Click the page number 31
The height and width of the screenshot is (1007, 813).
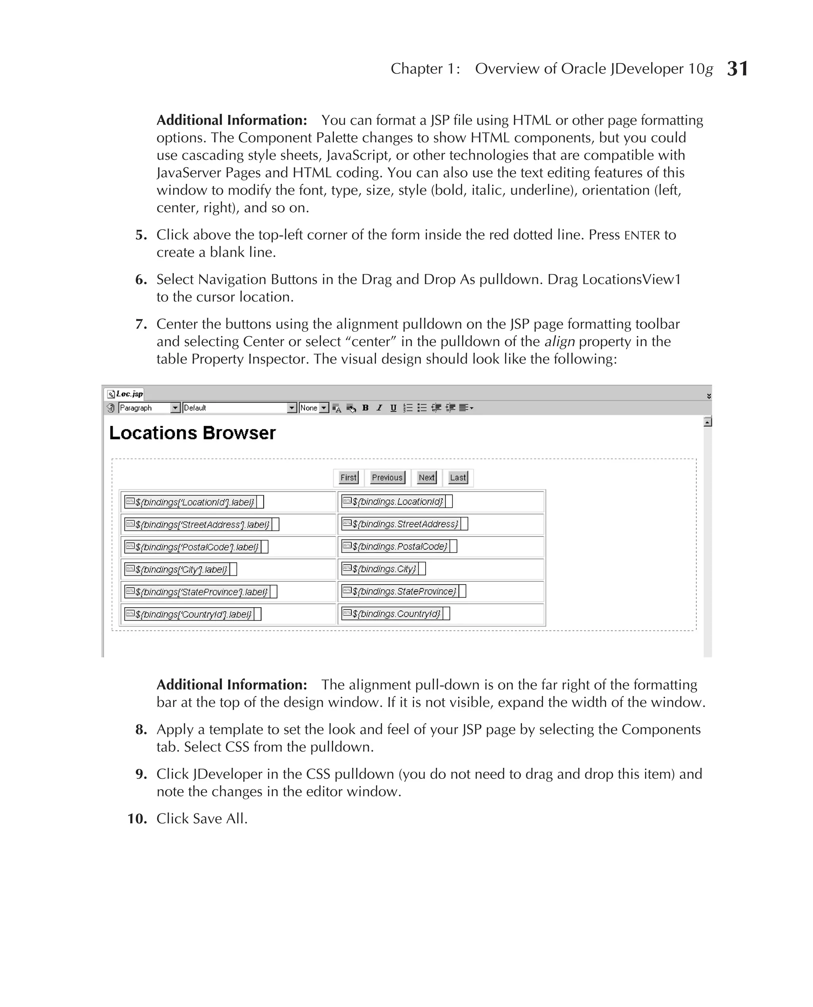click(x=737, y=69)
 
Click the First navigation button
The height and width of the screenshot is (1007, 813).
click(x=349, y=477)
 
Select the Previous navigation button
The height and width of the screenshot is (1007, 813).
click(x=387, y=477)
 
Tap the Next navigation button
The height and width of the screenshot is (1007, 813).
click(x=427, y=477)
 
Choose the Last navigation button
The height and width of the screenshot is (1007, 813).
click(x=458, y=477)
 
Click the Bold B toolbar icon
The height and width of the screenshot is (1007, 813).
click(x=365, y=408)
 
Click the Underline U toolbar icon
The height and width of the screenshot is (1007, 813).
click(x=393, y=408)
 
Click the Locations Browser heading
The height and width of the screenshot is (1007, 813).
click(x=193, y=433)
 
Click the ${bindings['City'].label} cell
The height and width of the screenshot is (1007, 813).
click(x=181, y=569)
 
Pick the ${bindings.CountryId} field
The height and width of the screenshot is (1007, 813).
click(x=396, y=614)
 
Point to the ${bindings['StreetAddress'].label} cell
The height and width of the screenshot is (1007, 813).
click(x=202, y=524)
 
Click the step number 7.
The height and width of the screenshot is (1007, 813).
click(x=141, y=324)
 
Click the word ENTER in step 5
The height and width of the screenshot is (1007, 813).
click(x=642, y=235)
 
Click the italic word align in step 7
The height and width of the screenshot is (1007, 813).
click(x=559, y=341)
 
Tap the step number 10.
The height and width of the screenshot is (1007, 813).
click(x=137, y=819)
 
